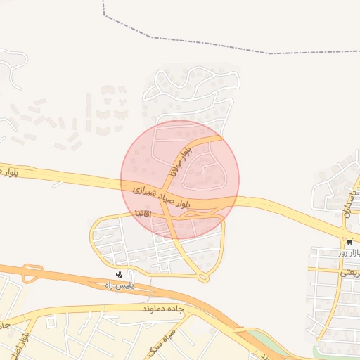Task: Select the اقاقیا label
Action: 143,212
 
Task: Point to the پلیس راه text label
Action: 118,285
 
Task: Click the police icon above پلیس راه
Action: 119,274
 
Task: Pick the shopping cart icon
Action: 349,242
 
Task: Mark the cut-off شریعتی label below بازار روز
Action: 349,273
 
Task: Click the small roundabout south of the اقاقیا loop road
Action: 203,278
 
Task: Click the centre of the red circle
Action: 180,179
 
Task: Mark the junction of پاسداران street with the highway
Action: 345,229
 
